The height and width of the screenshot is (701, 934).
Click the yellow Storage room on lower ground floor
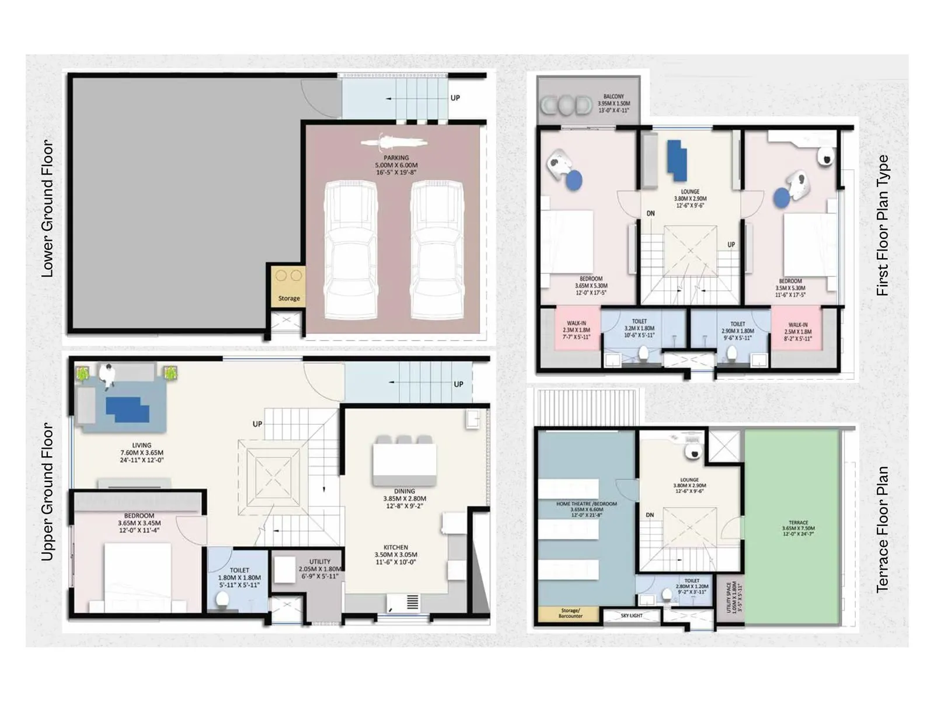click(x=288, y=287)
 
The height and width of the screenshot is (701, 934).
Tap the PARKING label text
click(x=396, y=158)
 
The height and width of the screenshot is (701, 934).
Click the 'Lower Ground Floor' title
click(x=47, y=209)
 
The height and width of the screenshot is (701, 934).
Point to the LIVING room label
click(x=141, y=445)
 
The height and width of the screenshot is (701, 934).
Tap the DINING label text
click(x=404, y=491)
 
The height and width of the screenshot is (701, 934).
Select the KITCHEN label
click(x=396, y=547)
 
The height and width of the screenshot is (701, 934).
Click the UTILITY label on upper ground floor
click(x=320, y=561)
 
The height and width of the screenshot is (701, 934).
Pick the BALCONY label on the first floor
click(x=614, y=96)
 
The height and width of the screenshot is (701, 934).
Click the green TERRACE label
click(x=798, y=523)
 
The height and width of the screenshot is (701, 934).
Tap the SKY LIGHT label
click(x=632, y=615)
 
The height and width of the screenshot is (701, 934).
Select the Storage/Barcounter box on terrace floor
click(x=570, y=613)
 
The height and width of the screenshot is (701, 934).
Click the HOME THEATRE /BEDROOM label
click(x=586, y=504)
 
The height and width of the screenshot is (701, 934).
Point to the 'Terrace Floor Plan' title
click(x=882, y=529)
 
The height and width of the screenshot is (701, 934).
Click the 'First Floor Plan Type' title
click(x=882, y=225)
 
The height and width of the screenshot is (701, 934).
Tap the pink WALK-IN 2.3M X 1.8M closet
click(x=576, y=329)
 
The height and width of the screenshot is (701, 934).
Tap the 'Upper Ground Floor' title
click(x=47, y=492)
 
